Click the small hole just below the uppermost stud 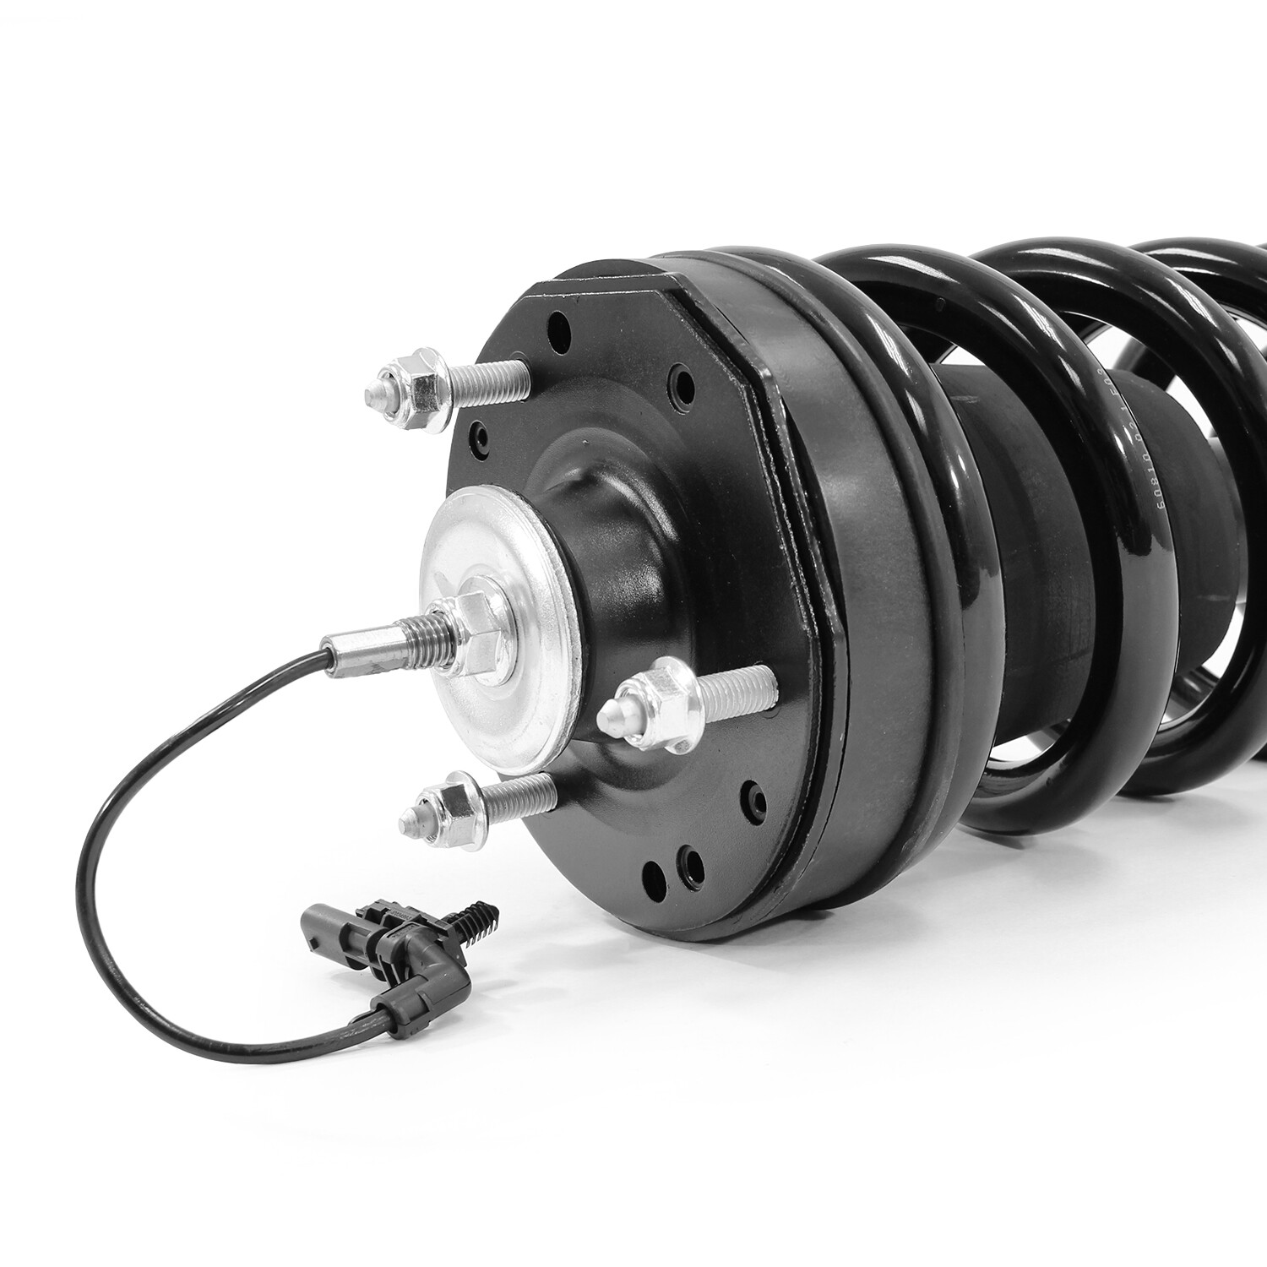[x=481, y=436]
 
